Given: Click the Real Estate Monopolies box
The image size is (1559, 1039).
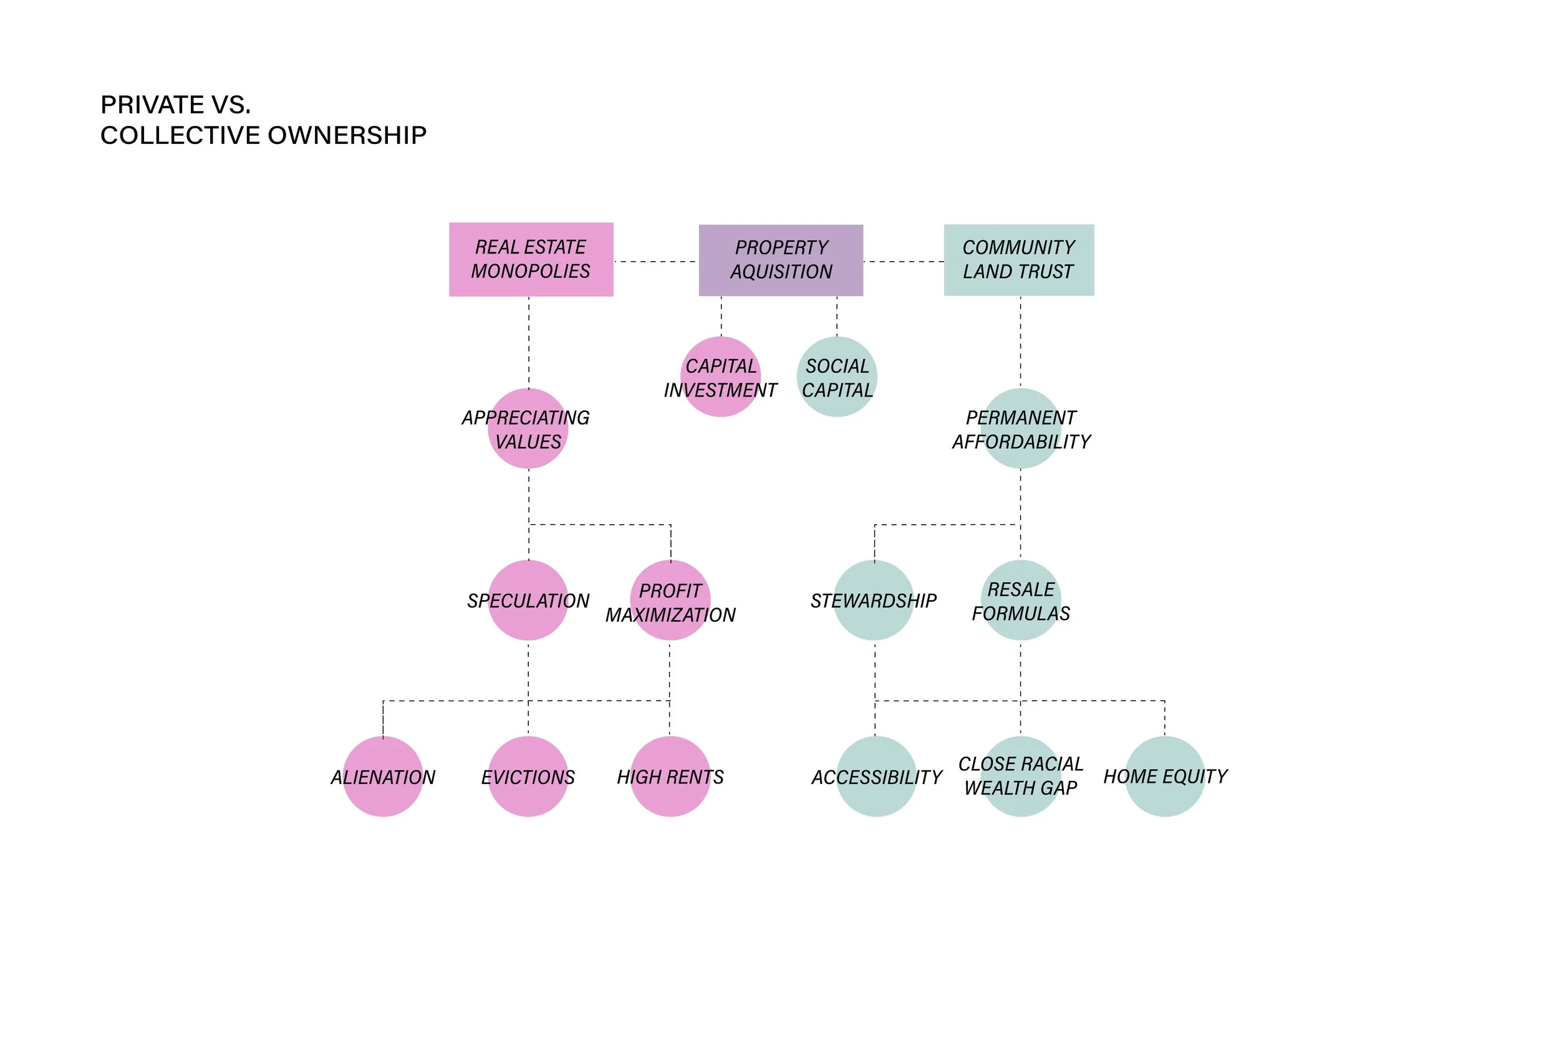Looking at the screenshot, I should (x=531, y=259).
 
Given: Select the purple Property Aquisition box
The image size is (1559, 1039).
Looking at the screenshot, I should (x=781, y=260).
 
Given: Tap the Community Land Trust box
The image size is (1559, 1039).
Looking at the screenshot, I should (x=1019, y=260).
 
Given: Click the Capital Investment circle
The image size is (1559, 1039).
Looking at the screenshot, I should (x=720, y=377).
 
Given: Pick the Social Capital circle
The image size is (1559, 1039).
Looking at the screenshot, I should (x=837, y=377).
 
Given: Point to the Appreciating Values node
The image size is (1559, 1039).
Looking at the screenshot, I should (x=528, y=429).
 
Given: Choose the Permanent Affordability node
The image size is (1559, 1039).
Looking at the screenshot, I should (x=1021, y=429).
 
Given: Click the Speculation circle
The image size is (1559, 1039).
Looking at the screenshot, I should (x=528, y=600).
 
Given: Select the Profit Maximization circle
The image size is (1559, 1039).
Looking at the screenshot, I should (x=670, y=600).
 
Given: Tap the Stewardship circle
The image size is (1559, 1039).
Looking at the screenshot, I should (x=874, y=600).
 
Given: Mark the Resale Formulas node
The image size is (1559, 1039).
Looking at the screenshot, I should (x=1021, y=600).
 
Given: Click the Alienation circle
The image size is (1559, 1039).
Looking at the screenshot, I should (x=383, y=777).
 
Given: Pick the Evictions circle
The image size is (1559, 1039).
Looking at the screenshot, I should (x=528, y=777).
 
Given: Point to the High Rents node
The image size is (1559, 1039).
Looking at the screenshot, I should (x=670, y=777).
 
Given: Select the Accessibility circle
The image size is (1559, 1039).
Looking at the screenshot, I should (x=876, y=777).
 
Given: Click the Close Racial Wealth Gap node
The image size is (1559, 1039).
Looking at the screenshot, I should (x=1021, y=777).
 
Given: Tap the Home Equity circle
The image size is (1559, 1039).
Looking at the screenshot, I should (x=1165, y=777).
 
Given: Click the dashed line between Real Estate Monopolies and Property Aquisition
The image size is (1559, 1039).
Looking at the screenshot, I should (x=655, y=262).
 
